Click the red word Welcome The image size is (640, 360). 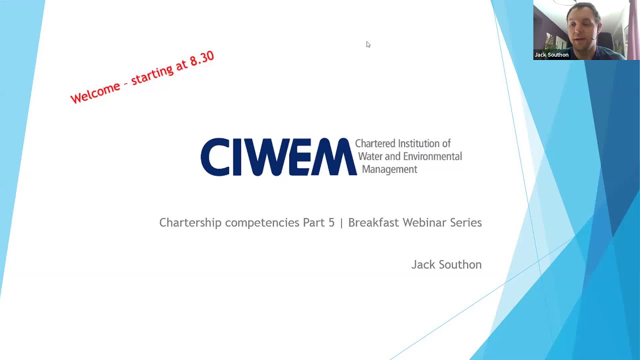point(95,92)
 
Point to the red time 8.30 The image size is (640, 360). point(201,59)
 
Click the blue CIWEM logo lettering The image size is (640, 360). point(278,157)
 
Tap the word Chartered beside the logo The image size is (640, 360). point(375,144)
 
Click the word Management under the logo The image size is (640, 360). point(389,169)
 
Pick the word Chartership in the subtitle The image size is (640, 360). point(190,223)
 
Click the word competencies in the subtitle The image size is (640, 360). point(262,223)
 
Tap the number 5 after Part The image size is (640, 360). point(331,223)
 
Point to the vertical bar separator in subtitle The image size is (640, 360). point(341,223)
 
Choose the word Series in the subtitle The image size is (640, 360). point(466,223)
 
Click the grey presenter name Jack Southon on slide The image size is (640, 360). point(446,265)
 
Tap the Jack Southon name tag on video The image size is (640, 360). point(551,55)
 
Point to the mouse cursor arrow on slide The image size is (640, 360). point(367,44)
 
